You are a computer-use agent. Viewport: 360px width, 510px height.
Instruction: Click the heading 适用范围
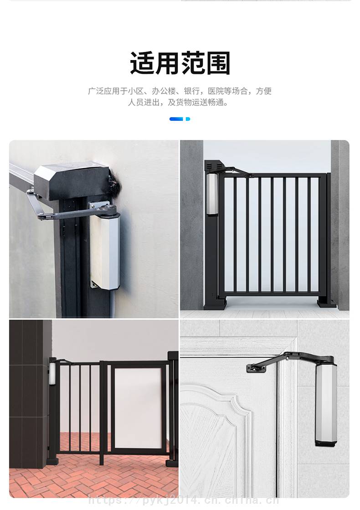click(x=180, y=63)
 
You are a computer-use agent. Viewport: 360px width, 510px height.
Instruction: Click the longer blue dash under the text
click(x=176, y=119)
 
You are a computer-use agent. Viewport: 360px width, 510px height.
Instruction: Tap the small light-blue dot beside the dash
click(x=188, y=119)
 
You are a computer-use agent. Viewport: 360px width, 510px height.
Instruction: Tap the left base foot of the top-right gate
click(x=215, y=304)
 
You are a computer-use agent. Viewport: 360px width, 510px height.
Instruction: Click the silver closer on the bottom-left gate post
click(x=52, y=374)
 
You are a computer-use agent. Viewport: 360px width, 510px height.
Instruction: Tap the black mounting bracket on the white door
click(x=257, y=368)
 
